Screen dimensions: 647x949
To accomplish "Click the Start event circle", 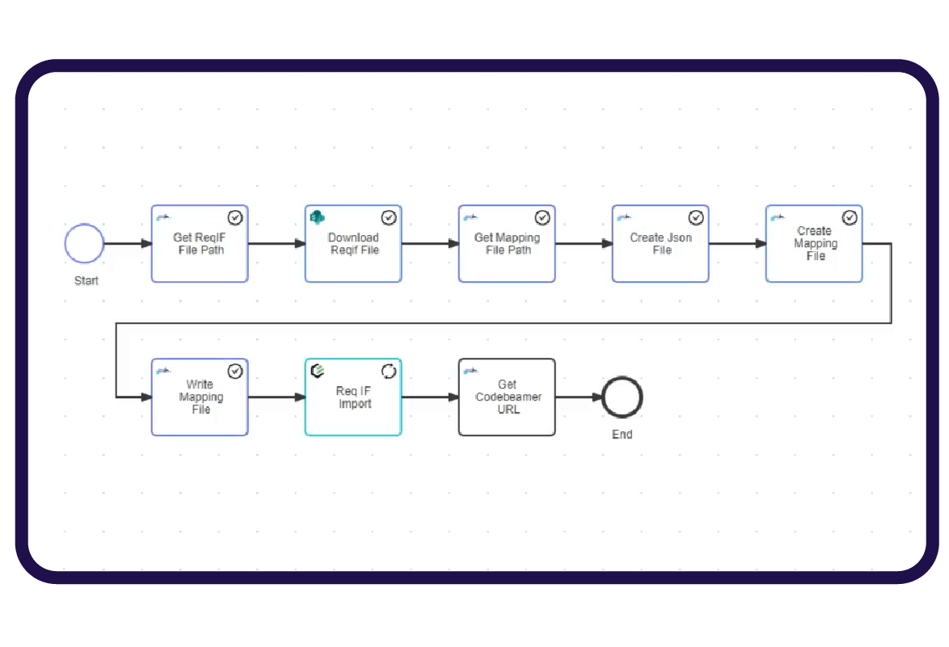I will coord(85,243).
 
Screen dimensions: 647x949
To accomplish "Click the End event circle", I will coord(622,397).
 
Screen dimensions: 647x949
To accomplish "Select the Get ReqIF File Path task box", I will coord(200,244).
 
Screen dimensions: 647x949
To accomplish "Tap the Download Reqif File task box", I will coord(353,244).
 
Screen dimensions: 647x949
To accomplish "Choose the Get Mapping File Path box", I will coord(507,244).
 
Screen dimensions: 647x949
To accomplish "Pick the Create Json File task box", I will coord(660,244).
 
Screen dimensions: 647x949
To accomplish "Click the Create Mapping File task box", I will coord(814,244).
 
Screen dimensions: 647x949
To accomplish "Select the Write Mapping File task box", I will coord(200,397).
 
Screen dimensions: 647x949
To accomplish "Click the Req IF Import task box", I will coord(353,397).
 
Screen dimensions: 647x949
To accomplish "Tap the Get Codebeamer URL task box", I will coord(507,397).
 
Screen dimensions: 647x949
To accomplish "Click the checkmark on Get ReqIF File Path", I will coord(235,217).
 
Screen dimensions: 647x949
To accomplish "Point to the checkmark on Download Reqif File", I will coord(389,217).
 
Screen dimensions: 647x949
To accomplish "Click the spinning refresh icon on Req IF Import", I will coord(389,371).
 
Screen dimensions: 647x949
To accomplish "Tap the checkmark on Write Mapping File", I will coord(235,371).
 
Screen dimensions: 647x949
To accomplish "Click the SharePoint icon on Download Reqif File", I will coord(318,216).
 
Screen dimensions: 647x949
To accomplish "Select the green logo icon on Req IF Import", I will coord(318,370).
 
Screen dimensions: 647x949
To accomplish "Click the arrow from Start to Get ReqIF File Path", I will coord(128,243).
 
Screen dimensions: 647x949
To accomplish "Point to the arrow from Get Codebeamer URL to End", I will coord(579,397).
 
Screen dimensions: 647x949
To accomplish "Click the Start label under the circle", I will coord(86,280).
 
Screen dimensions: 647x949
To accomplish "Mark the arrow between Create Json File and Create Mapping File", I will coord(737,243).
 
